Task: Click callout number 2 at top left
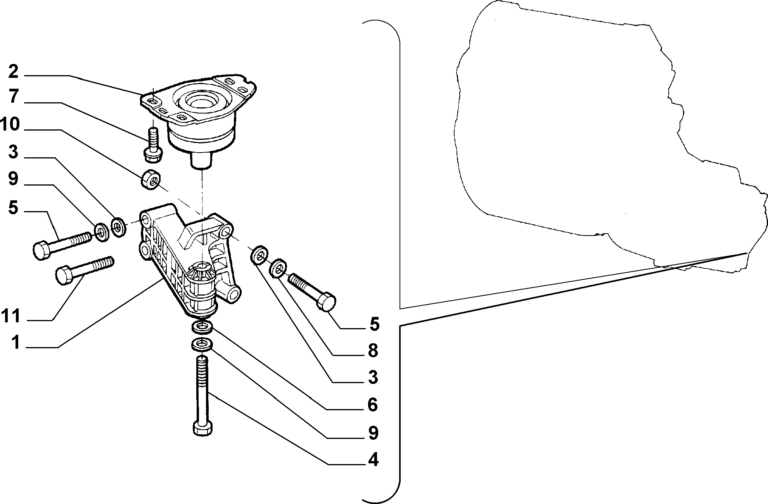click(x=13, y=72)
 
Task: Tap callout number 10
click(x=10, y=125)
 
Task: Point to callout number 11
click(x=10, y=316)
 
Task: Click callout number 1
click(x=15, y=342)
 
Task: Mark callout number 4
click(x=373, y=460)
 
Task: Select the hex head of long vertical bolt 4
click(x=203, y=428)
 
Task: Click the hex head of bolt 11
click(x=65, y=276)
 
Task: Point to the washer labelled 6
click(x=202, y=327)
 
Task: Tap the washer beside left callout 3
click(x=118, y=227)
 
